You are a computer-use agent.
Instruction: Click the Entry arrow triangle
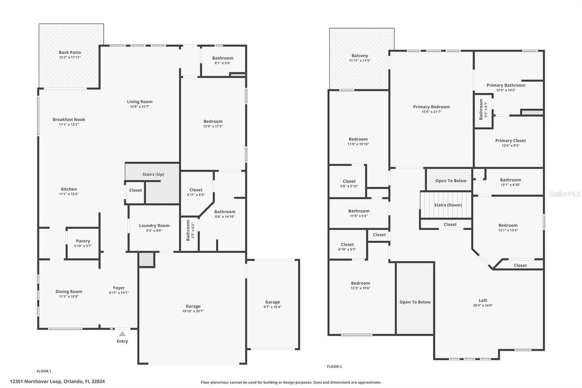(122, 334)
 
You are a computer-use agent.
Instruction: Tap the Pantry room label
(83, 241)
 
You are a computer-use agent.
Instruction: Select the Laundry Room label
(154, 226)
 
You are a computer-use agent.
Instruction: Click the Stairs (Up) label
(153, 174)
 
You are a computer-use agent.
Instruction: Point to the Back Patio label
(70, 52)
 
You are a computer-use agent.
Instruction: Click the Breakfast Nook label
(69, 120)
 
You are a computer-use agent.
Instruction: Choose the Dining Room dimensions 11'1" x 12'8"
(69, 297)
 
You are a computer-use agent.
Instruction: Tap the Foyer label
(119, 287)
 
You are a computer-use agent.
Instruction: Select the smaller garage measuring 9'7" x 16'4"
(272, 304)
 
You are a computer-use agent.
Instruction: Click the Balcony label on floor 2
(359, 55)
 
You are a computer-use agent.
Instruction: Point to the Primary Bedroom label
(431, 107)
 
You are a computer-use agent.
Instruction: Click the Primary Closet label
(510, 141)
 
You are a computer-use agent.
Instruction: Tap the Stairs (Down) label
(447, 205)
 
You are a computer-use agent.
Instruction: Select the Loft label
(482, 300)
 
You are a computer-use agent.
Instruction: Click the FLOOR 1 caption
(44, 371)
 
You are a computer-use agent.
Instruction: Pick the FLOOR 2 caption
(334, 367)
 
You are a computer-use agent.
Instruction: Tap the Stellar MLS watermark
(565, 194)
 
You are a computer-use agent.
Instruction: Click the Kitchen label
(69, 189)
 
